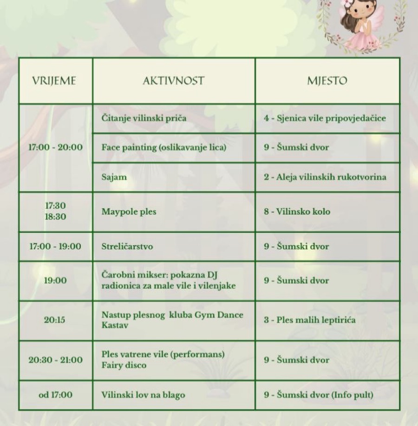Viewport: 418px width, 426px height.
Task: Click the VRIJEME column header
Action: [x=54, y=81]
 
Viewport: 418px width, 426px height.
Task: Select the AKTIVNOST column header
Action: [x=173, y=81]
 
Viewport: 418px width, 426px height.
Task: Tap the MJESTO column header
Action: [x=327, y=81]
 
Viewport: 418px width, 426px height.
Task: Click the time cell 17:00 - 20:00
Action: [x=55, y=147]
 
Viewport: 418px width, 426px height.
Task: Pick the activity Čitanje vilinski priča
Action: [x=144, y=118]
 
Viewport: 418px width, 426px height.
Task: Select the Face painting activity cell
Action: [x=164, y=147]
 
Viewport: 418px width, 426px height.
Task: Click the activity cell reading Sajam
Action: [x=114, y=177]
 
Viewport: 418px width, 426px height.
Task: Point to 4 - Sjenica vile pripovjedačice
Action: [x=325, y=118]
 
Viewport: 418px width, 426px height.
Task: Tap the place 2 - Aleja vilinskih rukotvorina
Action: [x=325, y=177]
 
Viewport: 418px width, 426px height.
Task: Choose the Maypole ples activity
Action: [x=129, y=212]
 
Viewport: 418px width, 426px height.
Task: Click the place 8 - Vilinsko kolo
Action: [x=297, y=212]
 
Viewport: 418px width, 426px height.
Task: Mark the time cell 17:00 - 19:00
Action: [x=55, y=247]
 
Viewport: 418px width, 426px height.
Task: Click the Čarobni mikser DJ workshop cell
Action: [x=169, y=280]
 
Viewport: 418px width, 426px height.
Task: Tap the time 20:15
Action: [x=55, y=320]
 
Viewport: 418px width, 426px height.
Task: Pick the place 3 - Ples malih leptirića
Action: [x=310, y=320]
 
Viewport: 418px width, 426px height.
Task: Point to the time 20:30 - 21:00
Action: [x=55, y=360]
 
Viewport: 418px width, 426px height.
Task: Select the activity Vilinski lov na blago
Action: [x=143, y=395]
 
